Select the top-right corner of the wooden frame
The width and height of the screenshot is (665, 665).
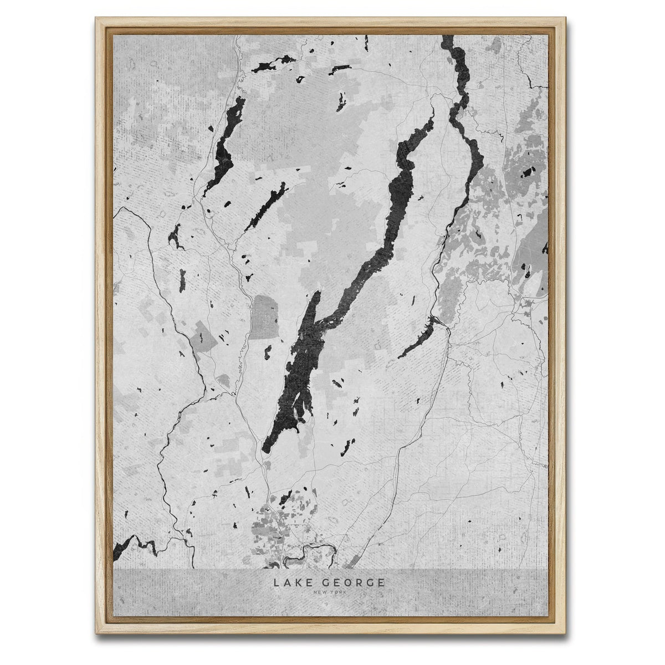pyautogui.click(x=569, y=20)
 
